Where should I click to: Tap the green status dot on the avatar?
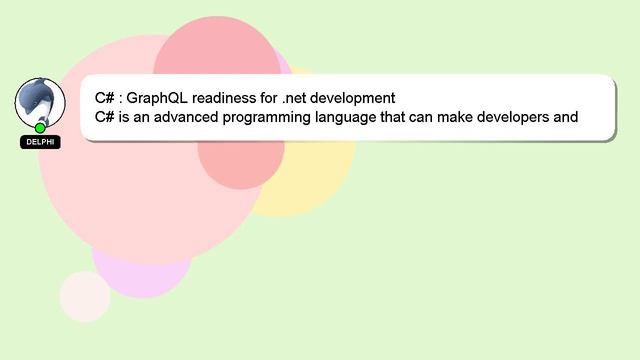pos(40,128)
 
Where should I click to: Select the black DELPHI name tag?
pos(40,142)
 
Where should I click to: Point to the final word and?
pos(566,117)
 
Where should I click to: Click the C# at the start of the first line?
pos(104,98)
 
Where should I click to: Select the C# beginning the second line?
pos(104,117)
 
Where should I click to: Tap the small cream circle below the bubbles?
pos(85,296)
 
